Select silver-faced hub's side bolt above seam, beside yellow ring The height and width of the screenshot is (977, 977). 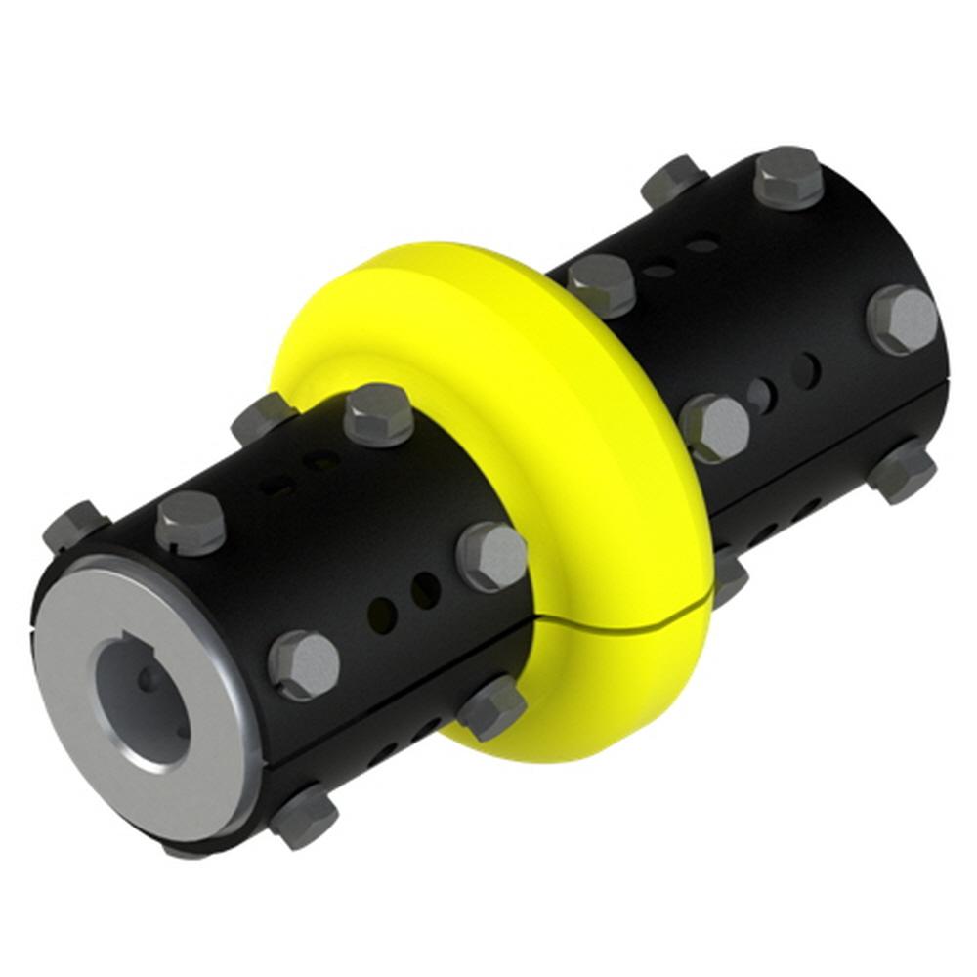[x=492, y=555]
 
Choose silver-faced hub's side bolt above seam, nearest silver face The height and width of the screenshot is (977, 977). [x=304, y=663]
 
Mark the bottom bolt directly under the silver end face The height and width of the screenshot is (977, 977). [x=304, y=815]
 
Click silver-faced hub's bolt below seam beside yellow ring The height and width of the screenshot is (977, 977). [x=491, y=706]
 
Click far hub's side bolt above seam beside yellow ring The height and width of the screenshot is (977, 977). [x=715, y=428]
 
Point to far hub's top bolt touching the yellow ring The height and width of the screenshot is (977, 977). [x=601, y=284]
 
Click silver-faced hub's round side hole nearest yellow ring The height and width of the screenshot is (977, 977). [x=426, y=589]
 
